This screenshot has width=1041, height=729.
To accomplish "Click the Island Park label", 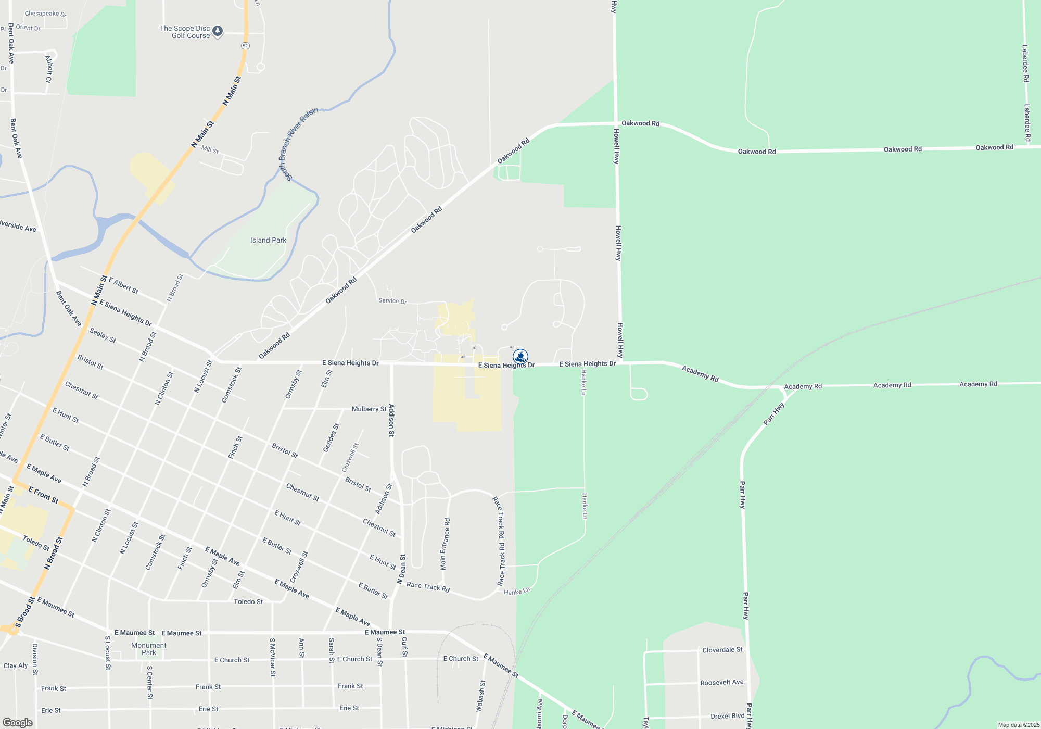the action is [x=268, y=240].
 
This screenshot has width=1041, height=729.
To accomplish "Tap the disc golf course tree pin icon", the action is [x=218, y=31].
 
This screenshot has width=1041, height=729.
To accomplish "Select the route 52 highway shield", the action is [x=245, y=46].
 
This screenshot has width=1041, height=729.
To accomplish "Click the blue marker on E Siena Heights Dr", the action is [x=520, y=357].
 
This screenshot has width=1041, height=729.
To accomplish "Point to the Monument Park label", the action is [x=149, y=649].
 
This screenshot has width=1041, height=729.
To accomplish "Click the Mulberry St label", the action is [x=369, y=409].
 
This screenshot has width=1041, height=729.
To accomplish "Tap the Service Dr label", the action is [x=392, y=301].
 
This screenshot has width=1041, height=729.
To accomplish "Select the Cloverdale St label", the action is [x=722, y=650].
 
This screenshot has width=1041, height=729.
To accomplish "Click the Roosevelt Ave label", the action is [x=722, y=682].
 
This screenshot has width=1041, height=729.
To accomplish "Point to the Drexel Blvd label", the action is [x=727, y=716].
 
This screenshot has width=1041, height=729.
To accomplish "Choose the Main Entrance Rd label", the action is [x=445, y=544].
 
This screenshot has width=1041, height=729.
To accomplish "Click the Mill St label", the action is [x=210, y=149].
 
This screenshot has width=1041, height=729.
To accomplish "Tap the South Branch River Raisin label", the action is [x=298, y=144].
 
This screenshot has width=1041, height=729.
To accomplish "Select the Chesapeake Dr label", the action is [x=45, y=14].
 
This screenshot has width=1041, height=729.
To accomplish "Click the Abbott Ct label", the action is [x=48, y=69].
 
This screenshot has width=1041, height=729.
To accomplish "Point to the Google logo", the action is [x=18, y=723].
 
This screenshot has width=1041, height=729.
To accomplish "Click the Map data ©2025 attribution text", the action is [x=1018, y=725].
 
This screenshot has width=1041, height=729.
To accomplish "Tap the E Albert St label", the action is [x=123, y=286].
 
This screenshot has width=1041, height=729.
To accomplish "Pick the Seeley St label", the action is [x=103, y=335].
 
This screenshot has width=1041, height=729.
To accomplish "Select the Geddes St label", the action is [x=331, y=438].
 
